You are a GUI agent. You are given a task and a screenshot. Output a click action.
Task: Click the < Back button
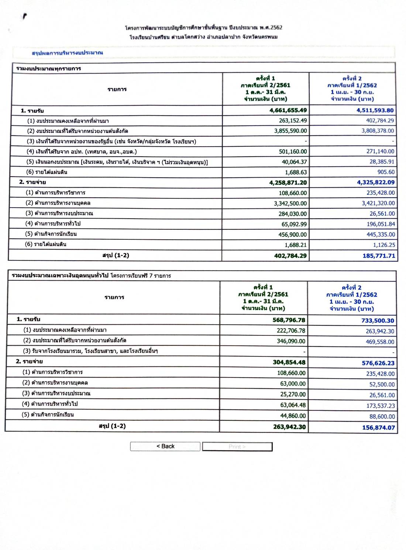coord(165,446)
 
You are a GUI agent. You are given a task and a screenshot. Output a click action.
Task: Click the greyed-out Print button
coord(237,447)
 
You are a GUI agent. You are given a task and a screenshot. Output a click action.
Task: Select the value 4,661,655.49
coord(288,110)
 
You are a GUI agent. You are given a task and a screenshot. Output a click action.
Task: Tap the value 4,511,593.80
coord(375,110)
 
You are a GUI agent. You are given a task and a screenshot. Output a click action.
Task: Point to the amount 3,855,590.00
coord(290,131)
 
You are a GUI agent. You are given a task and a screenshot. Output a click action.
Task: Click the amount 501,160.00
coord(293,151)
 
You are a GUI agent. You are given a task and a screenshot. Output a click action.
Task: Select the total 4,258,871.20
coord(288,182)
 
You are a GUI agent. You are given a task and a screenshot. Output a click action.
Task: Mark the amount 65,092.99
coord(294,224)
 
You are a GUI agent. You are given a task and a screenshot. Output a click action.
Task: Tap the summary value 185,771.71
coord(379,256)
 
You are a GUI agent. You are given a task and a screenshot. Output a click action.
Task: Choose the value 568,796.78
coord(289,320)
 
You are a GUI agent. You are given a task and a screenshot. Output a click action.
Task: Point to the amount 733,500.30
coord(378,321)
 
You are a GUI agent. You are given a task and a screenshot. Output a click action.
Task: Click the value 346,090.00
coord(291,341)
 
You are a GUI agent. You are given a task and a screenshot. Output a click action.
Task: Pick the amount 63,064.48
coord(293,405)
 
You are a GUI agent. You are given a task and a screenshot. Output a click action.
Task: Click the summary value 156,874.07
coord(378,427)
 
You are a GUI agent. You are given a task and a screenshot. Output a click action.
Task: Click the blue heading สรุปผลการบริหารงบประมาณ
coord(67,53)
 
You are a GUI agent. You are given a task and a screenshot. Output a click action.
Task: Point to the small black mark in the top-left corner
coord(24,16)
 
